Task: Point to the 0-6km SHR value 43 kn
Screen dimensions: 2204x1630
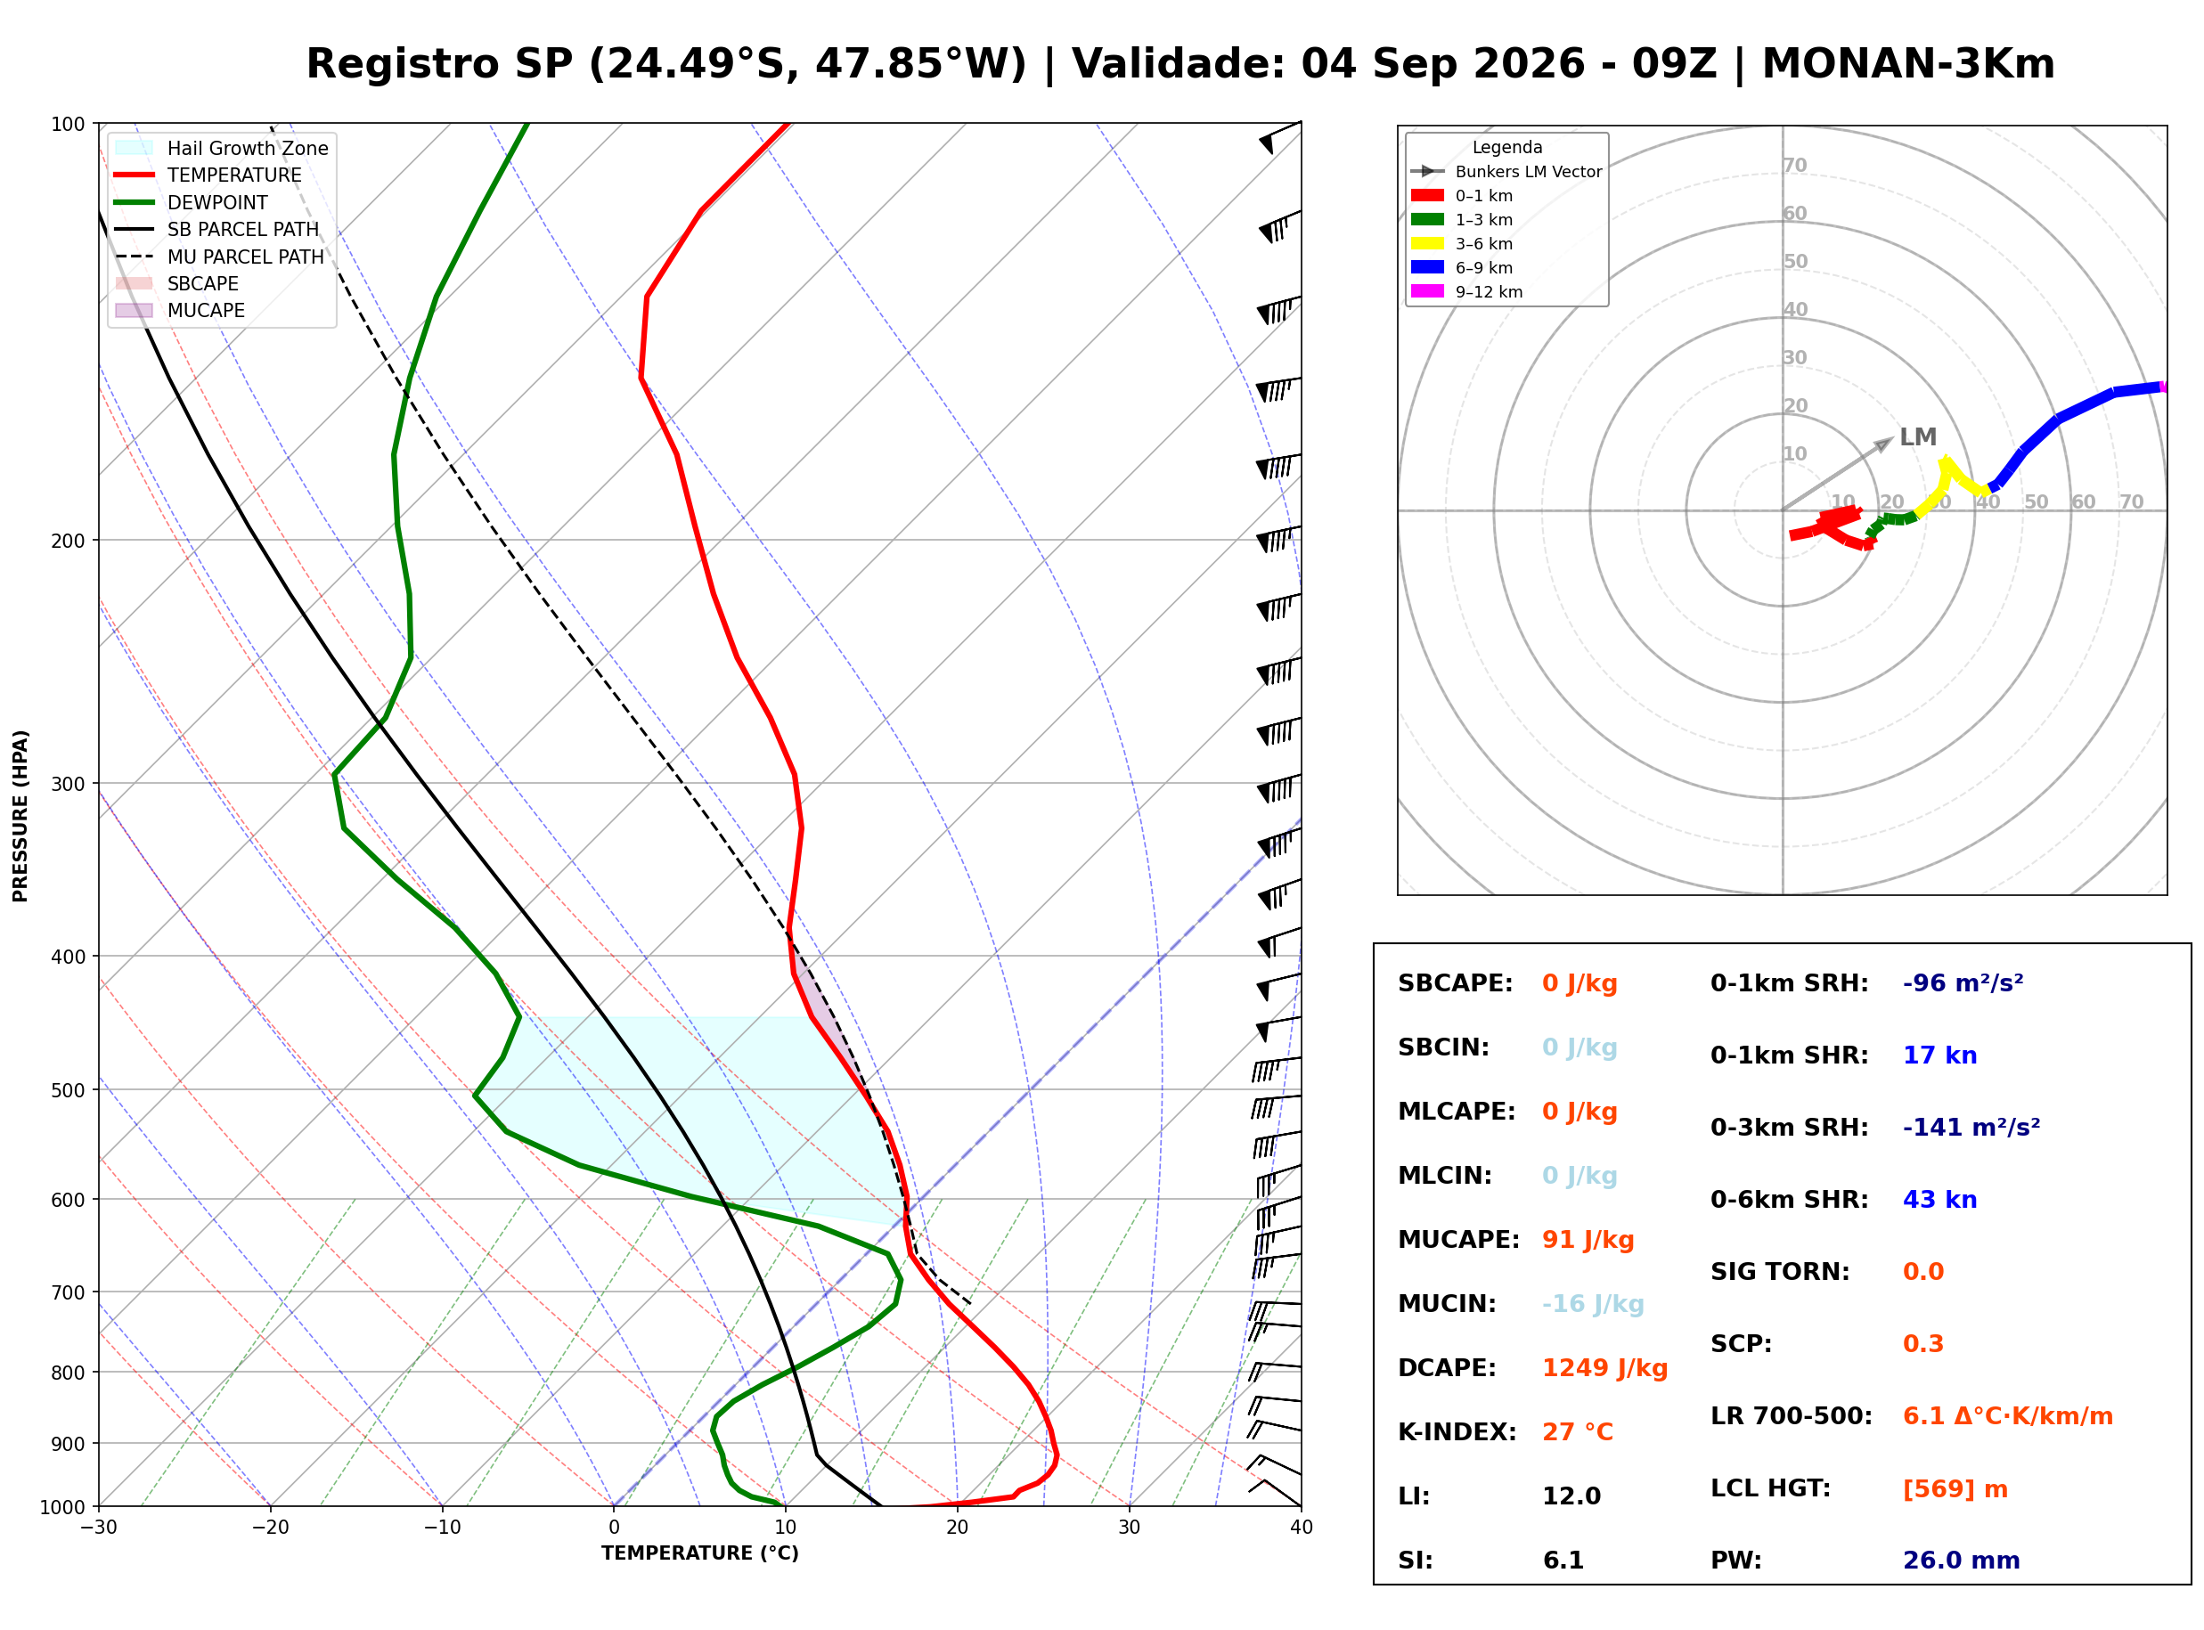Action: click(1939, 1200)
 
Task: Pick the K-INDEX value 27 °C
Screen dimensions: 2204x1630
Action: click(1578, 1431)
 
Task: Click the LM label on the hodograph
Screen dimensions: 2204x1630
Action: click(1918, 437)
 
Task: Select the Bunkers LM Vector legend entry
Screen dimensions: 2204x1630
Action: click(1506, 172)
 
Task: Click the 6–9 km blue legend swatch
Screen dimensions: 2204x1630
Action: click(1426, 267)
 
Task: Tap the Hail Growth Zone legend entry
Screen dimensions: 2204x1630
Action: click(222, 148)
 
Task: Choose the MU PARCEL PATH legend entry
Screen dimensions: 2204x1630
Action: click(220, 257)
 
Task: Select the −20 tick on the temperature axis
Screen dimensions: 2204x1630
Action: click(270, 1528)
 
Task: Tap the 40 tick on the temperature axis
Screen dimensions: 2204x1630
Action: click(1302, 1528)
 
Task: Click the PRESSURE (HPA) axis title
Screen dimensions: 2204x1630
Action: click(20, 816)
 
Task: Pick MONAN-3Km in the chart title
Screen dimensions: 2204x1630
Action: click(1908, 64)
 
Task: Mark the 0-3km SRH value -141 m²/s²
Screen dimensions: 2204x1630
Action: click(1971, 1127)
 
